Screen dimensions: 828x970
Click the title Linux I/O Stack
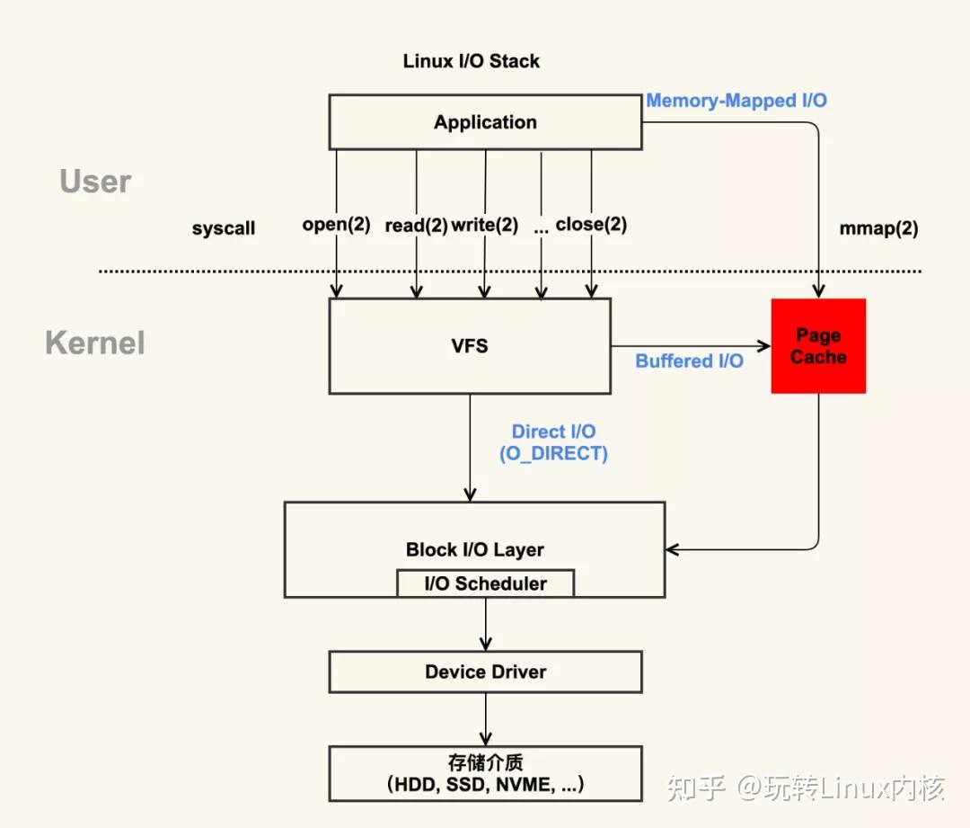pyautogui.click(x=472, y=61)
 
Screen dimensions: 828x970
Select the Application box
pyautogui.click(x=485, y=122)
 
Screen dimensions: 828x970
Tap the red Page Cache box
pyautogui.click(x=818, y=346)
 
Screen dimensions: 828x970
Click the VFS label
pyautogui.click(x=470, y=346)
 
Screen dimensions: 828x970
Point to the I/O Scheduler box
pyautogui.click(x=485, y=583)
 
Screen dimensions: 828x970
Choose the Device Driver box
pyautogui.click(x=485, y=672)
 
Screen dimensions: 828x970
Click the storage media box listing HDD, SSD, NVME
pyautogui.click(x=485, y=773)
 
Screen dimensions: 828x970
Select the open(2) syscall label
pyautogui.click(x=336, y=225)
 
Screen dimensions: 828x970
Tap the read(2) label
pyautogui.click(x=416, y=226)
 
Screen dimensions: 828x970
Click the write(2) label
pyautogui.click(x=484, y=225)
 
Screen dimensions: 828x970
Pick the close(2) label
pyautogui.click(x=591, y=225)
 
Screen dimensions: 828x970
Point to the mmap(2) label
pyautogui.click(x=878, y=228)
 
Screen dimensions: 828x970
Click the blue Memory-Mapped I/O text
pyautogui.click(x=736, y=101)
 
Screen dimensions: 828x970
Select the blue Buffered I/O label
pyautogui.click(x=689, y=361)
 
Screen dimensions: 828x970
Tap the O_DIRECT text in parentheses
pyautogui.click(x=553, y=454)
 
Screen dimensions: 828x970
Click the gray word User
pyautogui.click(x=95, y=182)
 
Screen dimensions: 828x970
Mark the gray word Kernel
pyautogui.click(x=95, y=343)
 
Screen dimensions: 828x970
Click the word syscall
pyautogui.click(x=224, y=228)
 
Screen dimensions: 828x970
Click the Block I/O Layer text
pyautogui.click(x=474, y=549)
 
